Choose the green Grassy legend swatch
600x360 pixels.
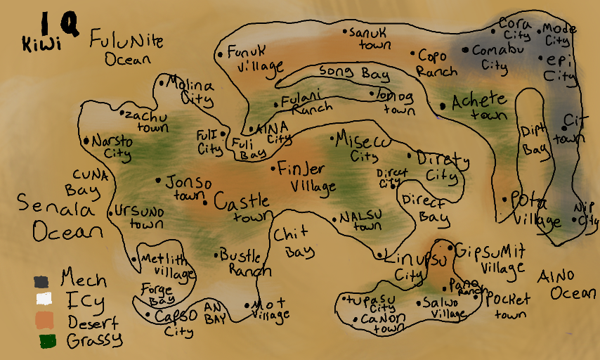coord(47,342)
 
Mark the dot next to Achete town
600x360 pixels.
coord(443,106)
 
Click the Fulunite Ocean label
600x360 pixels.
coord(126,50)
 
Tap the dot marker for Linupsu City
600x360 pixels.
coord(379,255)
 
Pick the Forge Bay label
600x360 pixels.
coord(157,293)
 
